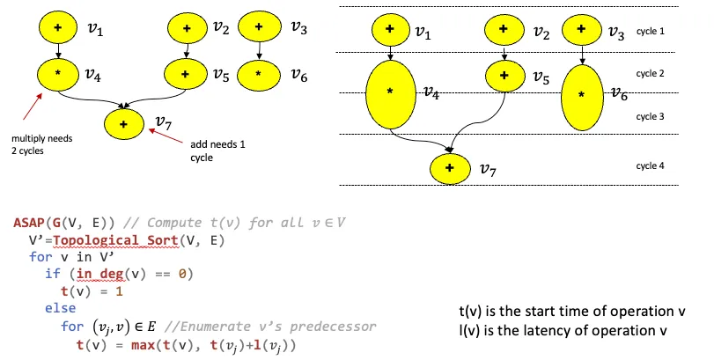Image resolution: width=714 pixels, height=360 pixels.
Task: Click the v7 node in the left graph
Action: point(124,124)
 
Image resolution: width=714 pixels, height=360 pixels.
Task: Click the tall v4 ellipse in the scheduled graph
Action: point(388,92)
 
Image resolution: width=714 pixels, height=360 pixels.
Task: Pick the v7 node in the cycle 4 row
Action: point(450,167)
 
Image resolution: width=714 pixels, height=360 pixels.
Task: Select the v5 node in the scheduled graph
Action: point(503,76)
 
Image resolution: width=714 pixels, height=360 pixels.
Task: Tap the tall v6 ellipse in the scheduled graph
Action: point(581,92)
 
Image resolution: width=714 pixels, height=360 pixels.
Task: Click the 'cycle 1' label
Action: point(650,31)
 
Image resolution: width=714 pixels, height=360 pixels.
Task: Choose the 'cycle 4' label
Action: point(650,165)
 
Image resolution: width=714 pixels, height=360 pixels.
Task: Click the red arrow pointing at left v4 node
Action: point(29,103)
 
